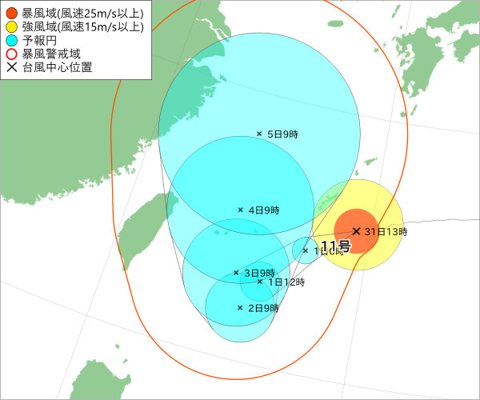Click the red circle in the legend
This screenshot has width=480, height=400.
click(x=11, y=13)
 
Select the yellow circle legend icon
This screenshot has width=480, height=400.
click(x=11, y=26)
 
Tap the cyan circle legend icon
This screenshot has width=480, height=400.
click(x=11, y=40)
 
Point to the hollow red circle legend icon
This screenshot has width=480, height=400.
click(x=11, y=54)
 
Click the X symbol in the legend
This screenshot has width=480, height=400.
click(x=11, y=67)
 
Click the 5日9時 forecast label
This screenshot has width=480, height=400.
click(x=282, y=134)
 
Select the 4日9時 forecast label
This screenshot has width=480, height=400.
click(x=263, y=210)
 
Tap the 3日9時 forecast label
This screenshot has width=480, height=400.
click(x=259, y=273)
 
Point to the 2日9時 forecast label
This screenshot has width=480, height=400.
click(x=263, y=308)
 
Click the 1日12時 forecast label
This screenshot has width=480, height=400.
click(x=286, y=282)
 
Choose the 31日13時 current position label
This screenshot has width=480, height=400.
click(x=386, y=232)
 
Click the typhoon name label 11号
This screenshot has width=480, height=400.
click(x=334, y=246)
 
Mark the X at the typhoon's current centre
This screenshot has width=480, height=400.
click(x=356, y=231)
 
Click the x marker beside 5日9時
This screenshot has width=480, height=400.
click(x=259, y=134)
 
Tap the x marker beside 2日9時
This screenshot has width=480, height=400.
click(x=240, y=307)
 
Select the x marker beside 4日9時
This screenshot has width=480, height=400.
click(x=240, y=210)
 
